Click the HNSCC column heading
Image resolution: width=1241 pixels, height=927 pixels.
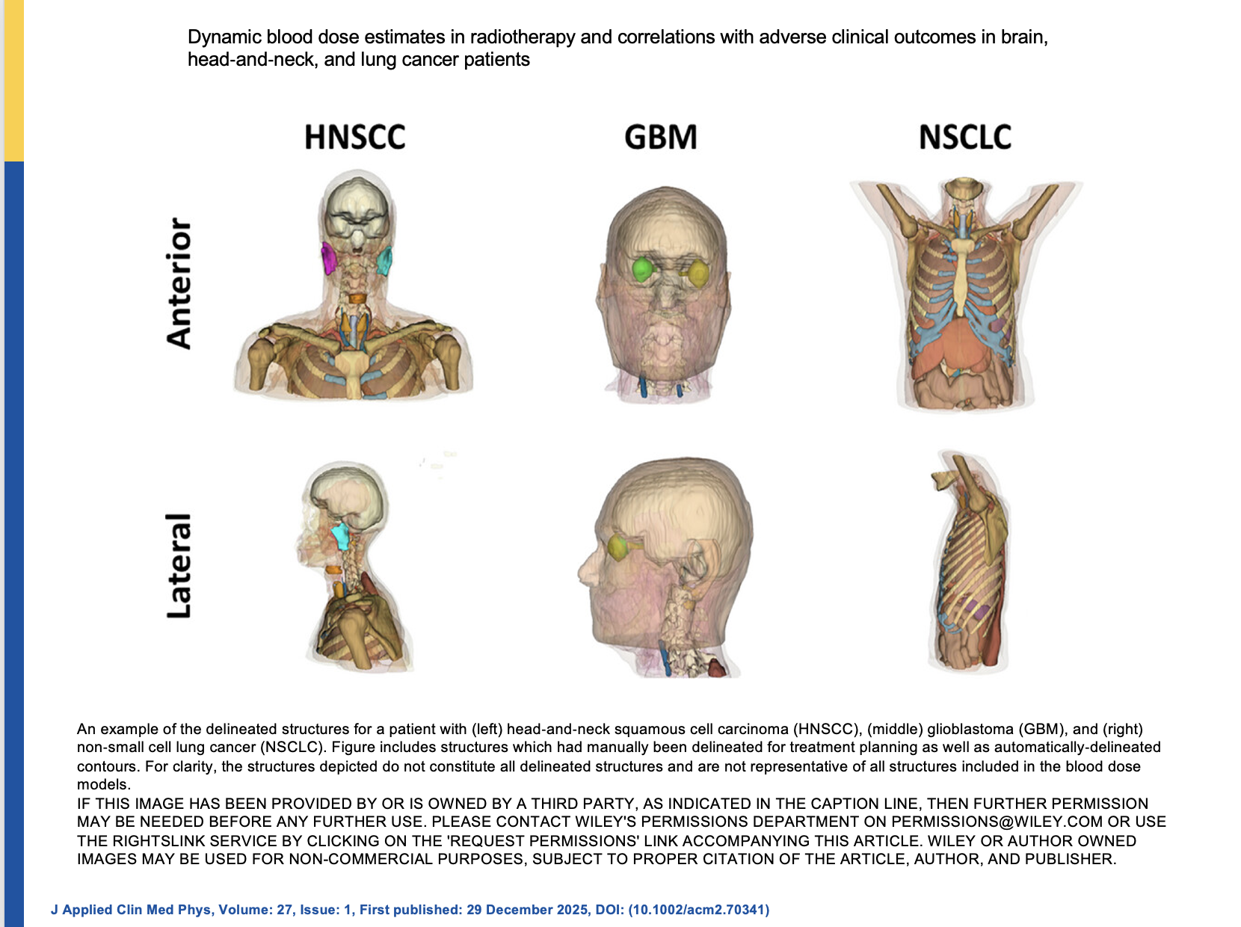coord(354,138)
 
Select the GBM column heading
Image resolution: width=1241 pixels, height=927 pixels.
coord(660,138)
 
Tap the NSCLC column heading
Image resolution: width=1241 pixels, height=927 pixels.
coord(964,138)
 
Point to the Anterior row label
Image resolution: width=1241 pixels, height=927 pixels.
coord(179,283)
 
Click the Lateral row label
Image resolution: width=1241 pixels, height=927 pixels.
coord(179,566)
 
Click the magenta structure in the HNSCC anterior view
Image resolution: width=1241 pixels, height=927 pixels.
coord(328,258)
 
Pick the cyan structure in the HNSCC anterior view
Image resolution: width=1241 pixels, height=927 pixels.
coord(384,261)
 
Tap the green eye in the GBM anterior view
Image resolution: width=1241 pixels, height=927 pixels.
coord(642,269)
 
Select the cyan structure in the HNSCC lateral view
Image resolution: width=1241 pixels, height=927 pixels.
coord(341,535)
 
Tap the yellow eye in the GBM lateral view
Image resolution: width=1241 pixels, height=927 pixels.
coord(619,547)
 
